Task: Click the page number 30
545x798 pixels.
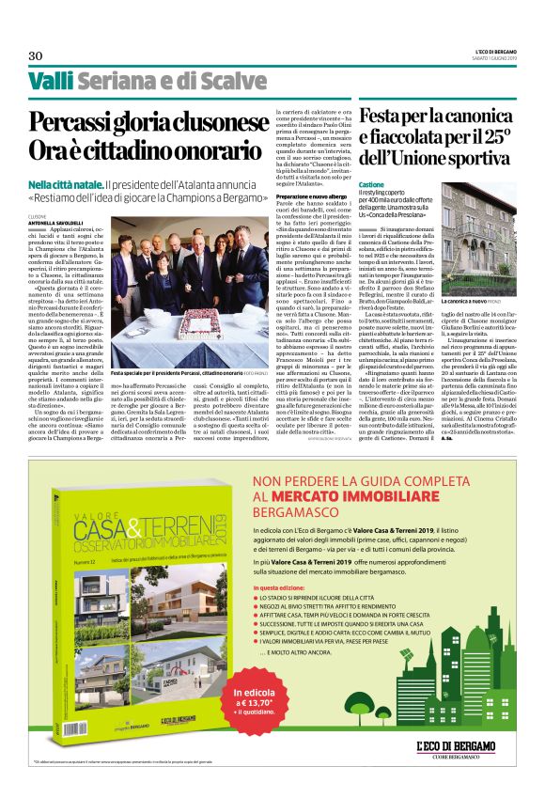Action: point(36,55)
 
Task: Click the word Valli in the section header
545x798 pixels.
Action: point(50,81)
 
